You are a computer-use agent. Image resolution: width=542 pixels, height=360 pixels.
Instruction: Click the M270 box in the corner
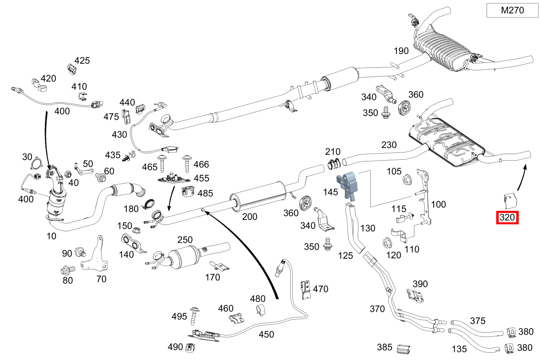click(x=512, y=11)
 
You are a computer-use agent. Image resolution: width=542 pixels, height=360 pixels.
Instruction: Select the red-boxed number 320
click(x=507, y=218)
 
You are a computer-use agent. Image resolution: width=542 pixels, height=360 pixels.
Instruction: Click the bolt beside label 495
click(x=194, y=314)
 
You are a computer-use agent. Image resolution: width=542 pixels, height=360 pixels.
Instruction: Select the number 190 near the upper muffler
click(x=401, y=51)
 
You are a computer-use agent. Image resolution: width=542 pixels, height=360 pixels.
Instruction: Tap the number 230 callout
click(x=389, y=145)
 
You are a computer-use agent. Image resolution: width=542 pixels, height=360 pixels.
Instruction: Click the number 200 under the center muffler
click(x=249, y=216)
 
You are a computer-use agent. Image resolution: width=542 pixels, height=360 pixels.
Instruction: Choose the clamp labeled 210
click(x=334, y=164)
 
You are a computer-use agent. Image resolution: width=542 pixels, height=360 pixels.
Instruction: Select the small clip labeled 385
click(x=403, y=349)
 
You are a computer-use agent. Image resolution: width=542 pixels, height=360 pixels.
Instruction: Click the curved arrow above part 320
click(x=522, y=178)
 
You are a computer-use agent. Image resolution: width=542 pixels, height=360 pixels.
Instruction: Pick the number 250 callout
click(x=185, y=239)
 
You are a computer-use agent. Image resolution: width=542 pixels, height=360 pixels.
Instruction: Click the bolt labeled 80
click(x=68, y=270)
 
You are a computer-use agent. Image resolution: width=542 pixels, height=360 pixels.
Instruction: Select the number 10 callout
click(x=52, y=236)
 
